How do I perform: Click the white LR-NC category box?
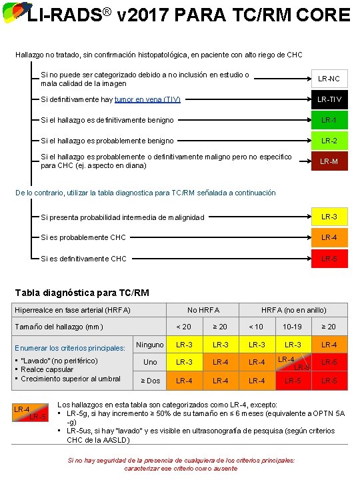329,79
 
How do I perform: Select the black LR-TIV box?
329,100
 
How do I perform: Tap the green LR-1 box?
329,121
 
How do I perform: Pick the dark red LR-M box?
329,161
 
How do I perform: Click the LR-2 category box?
329,141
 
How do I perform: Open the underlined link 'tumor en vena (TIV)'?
147,100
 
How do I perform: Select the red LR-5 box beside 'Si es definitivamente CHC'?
329,259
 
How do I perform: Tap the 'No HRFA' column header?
203,310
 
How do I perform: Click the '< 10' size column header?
256,327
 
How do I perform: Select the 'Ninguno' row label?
150,345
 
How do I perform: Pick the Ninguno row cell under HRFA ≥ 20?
329,345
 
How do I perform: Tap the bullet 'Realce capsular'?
47,369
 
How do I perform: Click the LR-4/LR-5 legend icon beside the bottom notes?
30,413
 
